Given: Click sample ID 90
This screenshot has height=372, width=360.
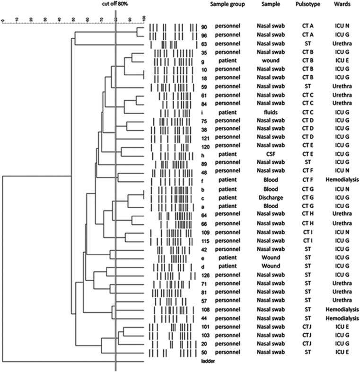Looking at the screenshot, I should [204, 27].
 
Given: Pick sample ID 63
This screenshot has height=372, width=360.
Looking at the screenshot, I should [204, 44].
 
